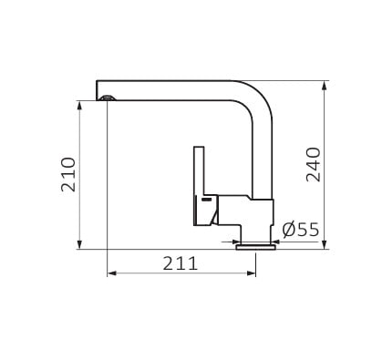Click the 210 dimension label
coord(68,174)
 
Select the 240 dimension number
coord(313,165)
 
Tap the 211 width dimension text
coord(181,263)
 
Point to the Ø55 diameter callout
coord(301,230)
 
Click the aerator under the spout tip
coord(108,98)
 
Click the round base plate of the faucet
coord(256,247)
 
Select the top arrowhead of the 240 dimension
coord(325,86)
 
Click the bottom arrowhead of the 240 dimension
coord(325,244)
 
